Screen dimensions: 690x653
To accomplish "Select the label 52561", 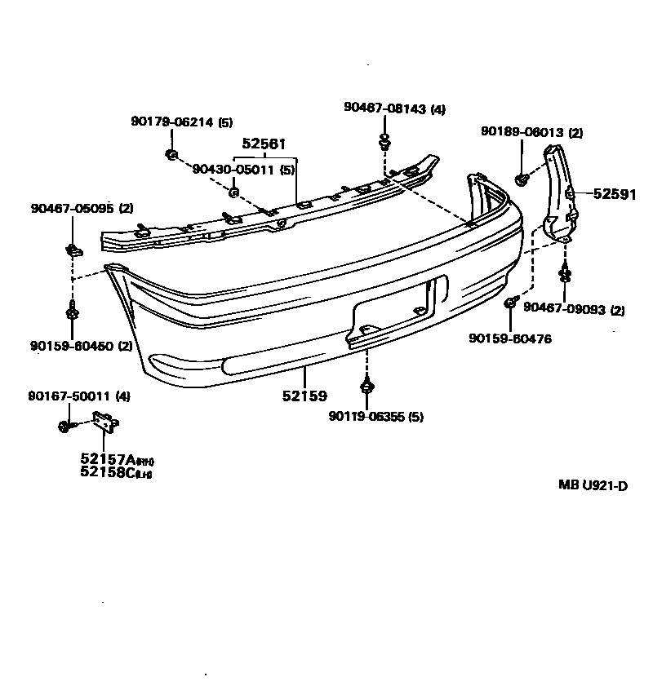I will point(264,144).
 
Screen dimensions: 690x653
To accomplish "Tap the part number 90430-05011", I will point(234,170).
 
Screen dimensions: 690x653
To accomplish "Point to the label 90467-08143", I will point(384,108).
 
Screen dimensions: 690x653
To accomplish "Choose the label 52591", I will point(615,194).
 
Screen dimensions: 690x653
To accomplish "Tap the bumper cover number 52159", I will point(304,396).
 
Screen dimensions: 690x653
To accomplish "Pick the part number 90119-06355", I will point(367,416).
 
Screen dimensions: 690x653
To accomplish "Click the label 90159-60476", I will point(510,338).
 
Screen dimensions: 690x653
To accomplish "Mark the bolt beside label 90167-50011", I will point(65,425).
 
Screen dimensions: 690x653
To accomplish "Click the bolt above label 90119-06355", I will point(367,387).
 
